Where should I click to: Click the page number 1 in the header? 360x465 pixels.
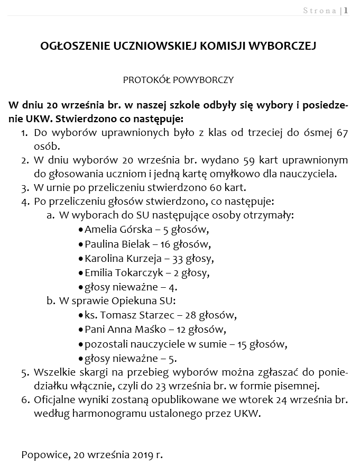coord(346,10)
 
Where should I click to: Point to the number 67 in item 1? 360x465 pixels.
coord(341,132)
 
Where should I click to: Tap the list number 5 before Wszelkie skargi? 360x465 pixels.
coord(25,372)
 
